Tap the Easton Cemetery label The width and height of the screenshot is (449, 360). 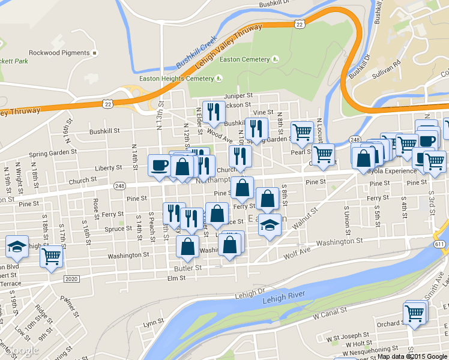[x=244, y=59]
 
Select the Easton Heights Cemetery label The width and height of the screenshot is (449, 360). [x=176, y=79]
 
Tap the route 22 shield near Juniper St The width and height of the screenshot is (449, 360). [x=108, y=104]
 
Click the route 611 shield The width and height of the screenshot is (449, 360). [x=439, y=245]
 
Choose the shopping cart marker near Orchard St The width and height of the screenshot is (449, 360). [x=414, y=313]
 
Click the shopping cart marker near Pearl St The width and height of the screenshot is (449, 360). [x=302, y=131]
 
